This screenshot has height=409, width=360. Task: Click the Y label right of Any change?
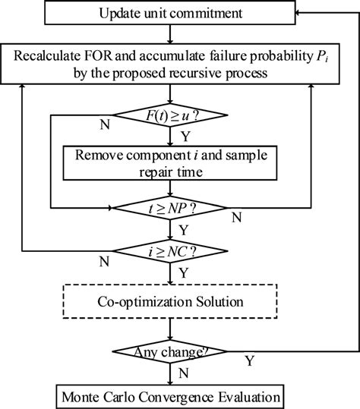coord(250,360)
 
